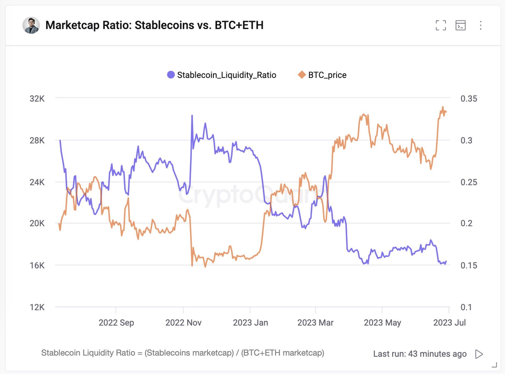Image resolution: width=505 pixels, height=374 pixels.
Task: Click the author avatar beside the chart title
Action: click(31, 25)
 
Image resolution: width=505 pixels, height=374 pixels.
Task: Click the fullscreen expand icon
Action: click(441, 25)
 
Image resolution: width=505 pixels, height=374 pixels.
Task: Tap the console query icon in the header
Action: click(460, 25)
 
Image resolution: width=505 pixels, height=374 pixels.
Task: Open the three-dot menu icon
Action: click(481, 25)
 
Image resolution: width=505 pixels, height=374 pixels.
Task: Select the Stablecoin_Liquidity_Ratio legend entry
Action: click(222, 75)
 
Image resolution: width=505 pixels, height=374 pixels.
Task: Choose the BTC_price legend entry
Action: click(322, 75)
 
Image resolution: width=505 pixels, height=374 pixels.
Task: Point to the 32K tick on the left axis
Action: click(37, 98)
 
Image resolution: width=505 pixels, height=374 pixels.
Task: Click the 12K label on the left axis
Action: click(37, 307)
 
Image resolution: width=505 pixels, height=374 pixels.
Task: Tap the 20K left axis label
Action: click(37, 223)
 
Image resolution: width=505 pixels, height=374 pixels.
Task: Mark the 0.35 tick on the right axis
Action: click(469, 98)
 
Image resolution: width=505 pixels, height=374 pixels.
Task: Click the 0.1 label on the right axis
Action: click(466, 307)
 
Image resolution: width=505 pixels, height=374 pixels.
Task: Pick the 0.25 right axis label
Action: click(469, 182)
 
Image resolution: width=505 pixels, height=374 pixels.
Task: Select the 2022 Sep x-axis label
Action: click(116, 322)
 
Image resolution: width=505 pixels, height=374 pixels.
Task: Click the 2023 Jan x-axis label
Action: click(250, 322)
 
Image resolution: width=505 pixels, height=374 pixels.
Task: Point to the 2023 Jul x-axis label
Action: click(449, 322)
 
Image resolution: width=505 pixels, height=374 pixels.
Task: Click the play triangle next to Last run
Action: click(479, 354)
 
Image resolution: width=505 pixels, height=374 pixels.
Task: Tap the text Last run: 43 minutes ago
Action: click(420, 354)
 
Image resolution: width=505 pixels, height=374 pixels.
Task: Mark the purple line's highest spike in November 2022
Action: click(192, 116)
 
